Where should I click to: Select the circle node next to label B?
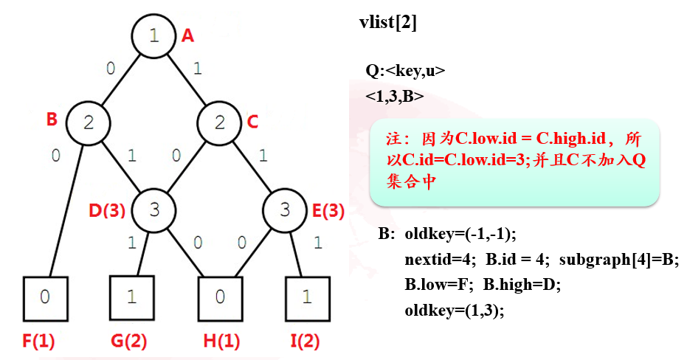pyautogui.click(x=88, y=122)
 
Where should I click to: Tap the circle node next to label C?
pyautogui.click(x=219, y=122)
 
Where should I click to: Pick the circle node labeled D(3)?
pyautogui.click(x=153, y=210)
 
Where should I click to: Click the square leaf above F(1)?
pyautogui.click(x=45, y=298)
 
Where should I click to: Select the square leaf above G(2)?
pyautogui.click(x=131, y=298)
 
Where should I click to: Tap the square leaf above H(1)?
pyautogui.click(x=220, y=298)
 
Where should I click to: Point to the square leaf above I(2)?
pyautogui.click(x=307, y=298)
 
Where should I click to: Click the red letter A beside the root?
pyautogui.click(x=187, y=35)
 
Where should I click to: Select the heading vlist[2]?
pyautogui.click(x=387, y=23)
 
